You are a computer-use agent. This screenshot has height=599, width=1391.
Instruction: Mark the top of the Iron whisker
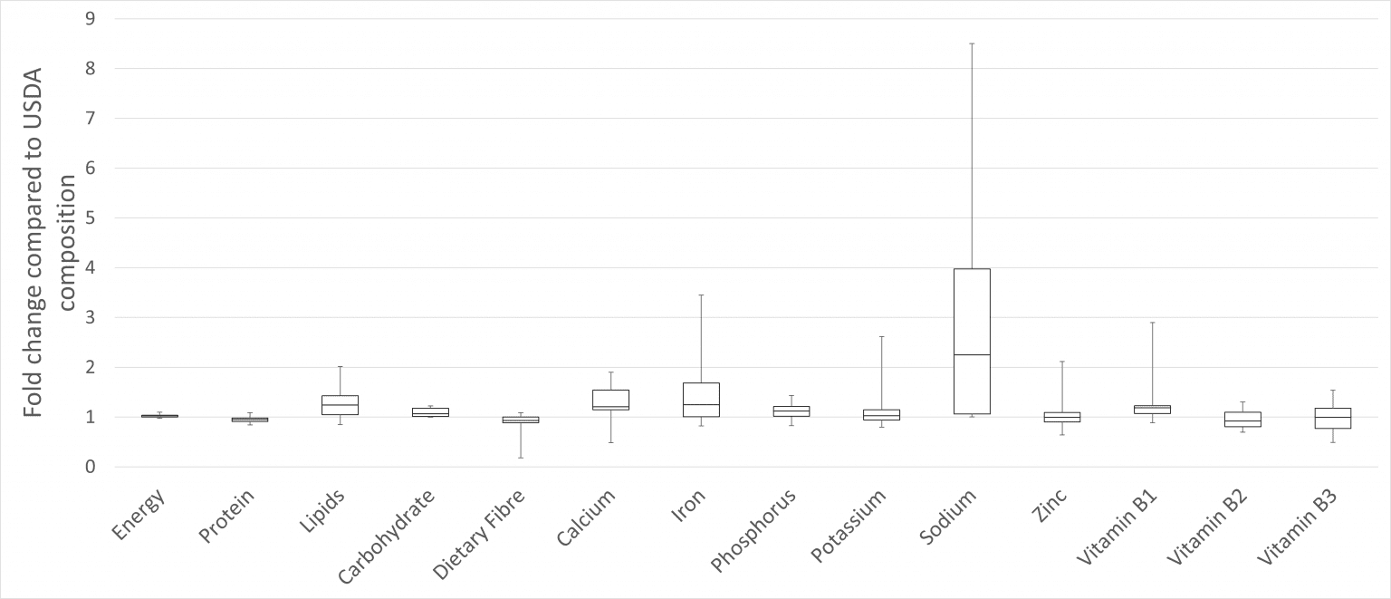coord(701,295)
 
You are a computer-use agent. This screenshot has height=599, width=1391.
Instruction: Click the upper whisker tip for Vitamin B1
coord(1152,323)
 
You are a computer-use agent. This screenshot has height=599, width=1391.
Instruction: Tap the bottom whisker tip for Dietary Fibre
coord(521,458)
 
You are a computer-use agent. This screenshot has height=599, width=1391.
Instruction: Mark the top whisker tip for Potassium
coord(881,337)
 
